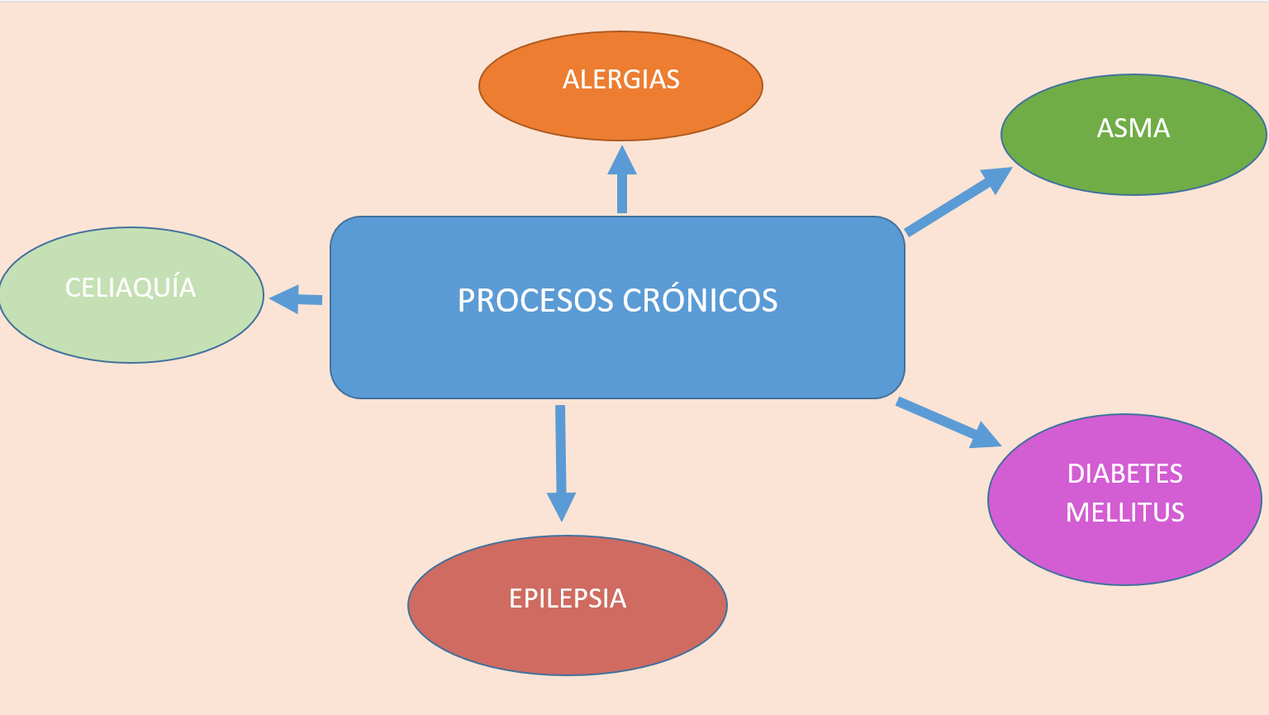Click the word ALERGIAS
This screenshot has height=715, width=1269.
click(621, 79)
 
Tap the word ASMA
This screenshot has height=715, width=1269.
click(1133, 128)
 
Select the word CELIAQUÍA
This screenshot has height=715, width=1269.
click(131, 286)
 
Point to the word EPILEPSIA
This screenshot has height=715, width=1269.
click(568, 598)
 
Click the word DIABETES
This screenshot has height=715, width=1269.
click(1125, 474)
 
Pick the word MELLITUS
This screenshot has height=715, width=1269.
click(1125, 512)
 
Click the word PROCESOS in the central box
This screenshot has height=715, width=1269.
click(535, 300)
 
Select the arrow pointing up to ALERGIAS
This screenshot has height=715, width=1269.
click(622, 179)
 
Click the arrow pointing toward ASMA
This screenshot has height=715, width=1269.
click(958, 202)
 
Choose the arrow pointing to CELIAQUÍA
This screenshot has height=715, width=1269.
click(296, 299)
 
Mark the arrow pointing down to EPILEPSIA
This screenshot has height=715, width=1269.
click(561, 463)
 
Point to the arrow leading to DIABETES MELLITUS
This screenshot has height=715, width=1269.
click(949, 423)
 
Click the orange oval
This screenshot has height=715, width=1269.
click(621, 86)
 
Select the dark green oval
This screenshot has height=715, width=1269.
click(1134, 135)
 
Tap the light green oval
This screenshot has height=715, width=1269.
click(131, 295)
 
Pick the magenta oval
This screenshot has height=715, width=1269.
click(1125, 499)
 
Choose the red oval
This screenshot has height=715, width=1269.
click(568, 606)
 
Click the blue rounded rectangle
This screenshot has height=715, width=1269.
click(617, 307)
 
